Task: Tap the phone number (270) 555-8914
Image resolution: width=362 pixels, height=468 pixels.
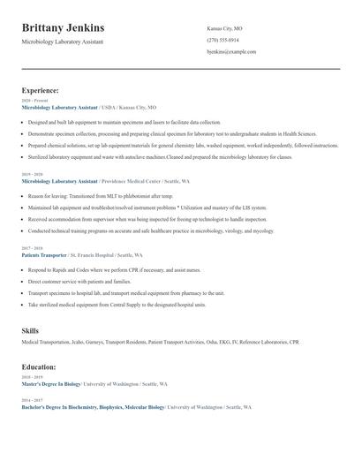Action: click(x=222, y=40)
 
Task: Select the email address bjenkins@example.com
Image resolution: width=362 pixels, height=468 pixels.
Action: click(x=231, y=51)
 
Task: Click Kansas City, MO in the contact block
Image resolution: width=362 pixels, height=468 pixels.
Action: click(x=224, y=28)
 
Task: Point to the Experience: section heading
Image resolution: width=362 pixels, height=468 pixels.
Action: click(x=41, y=90)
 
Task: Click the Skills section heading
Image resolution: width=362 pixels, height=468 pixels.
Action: click(x=30, y=329)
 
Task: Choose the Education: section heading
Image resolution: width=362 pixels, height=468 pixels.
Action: click(x=39, y=366)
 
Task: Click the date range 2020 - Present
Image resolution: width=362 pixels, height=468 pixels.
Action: click(x=35, y=101)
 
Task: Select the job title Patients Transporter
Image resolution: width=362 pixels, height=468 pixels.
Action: click(x=47, y=254)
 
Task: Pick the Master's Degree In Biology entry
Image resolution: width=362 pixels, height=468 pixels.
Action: click(x=51, y=385)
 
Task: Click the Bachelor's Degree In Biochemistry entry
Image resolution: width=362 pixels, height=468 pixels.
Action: click(x=93, y=407)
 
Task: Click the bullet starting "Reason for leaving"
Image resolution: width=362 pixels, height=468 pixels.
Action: click(x=101, y=195)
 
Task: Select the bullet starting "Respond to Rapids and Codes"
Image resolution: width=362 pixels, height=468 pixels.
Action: click(x=115, y=269)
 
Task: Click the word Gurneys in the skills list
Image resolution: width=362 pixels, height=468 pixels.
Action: click(x=92, y=341)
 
